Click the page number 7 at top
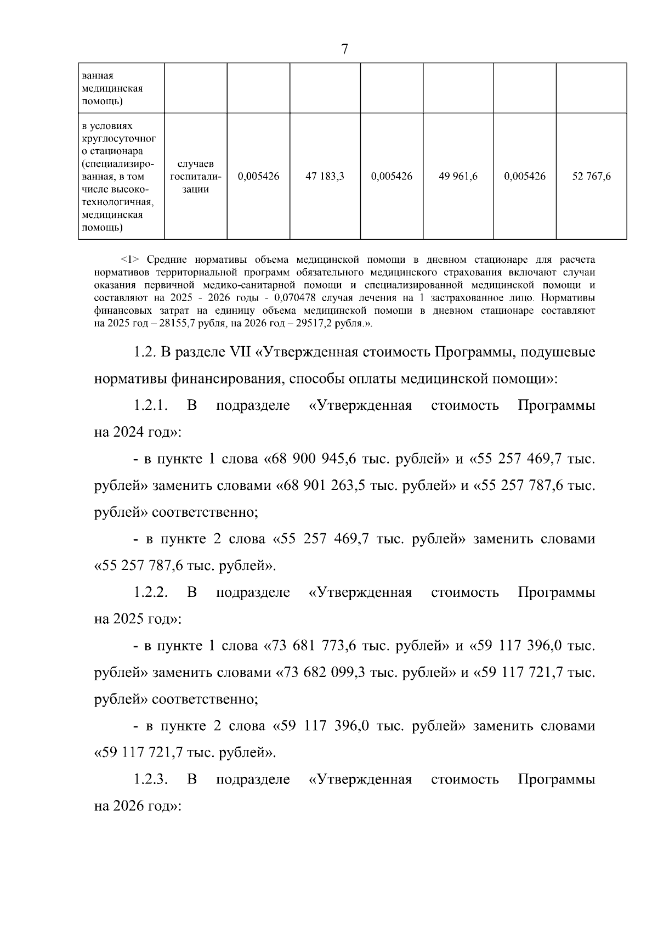point(344,49)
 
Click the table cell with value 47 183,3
point(325,177)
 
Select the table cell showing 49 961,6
point(458,177)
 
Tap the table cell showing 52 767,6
point(591,177)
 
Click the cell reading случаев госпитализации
point(196,177)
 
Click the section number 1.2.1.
point(150,406)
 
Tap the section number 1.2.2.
point(150,593)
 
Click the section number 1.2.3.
point(150,780)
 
